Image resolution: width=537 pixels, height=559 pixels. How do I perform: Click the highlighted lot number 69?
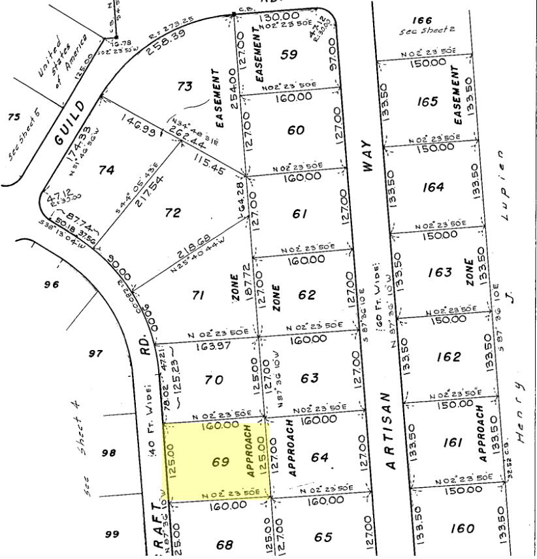(221, 462)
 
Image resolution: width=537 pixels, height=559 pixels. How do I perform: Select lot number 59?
(289, 55)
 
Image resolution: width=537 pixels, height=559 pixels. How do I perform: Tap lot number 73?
(185, 86)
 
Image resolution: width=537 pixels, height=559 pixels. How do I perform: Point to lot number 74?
(106, 170)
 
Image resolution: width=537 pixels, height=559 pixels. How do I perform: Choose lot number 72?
(172, 213)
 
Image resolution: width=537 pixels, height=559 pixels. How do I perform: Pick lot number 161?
(452, 443)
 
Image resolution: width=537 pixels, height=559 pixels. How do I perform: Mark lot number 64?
(319, 457)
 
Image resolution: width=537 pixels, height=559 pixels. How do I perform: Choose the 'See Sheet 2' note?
(427, 31)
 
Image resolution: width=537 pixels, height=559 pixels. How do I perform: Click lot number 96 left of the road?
(52, 284)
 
